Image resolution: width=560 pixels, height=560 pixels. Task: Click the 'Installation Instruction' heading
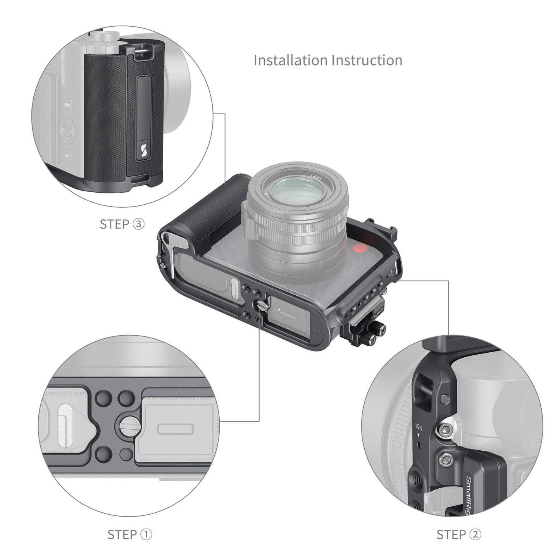[328, 60]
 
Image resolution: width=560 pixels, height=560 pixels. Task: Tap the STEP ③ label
[122, 224]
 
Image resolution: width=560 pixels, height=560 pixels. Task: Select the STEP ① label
[129, 534]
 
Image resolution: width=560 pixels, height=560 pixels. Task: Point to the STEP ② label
[458, 534]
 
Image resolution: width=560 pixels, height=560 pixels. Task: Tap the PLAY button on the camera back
[67, 155]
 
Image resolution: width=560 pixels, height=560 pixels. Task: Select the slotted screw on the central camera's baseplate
[259, 307]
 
